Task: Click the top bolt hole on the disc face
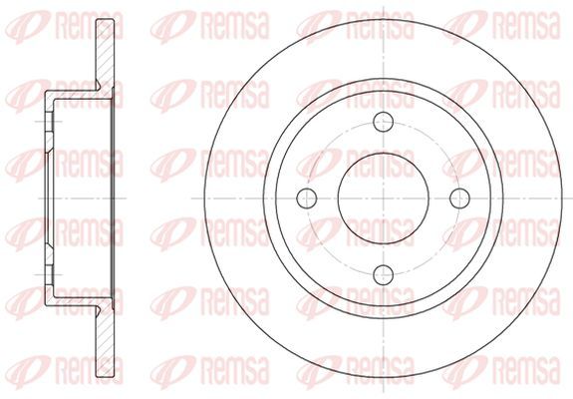pyautogui.click(x=384, y=122)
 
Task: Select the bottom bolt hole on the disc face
pyautogui.click(x=384, y=274)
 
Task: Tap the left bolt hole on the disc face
pyautogui.click(x=307, y=199)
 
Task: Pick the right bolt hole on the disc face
pyautogui.click(x=459, y=199)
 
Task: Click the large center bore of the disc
pyautogui.click(x=384, y=199)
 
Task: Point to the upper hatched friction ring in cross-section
pyautogui.click(x=105, y=54)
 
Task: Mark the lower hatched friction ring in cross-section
pyautogui.click(x=105, y=342)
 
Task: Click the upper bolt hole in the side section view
pyautogui.click(x=50, y=122)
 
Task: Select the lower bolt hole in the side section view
pyautogui.click(x=50, y=274)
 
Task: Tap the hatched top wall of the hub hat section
pyautogui.click(x=79, y=95)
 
